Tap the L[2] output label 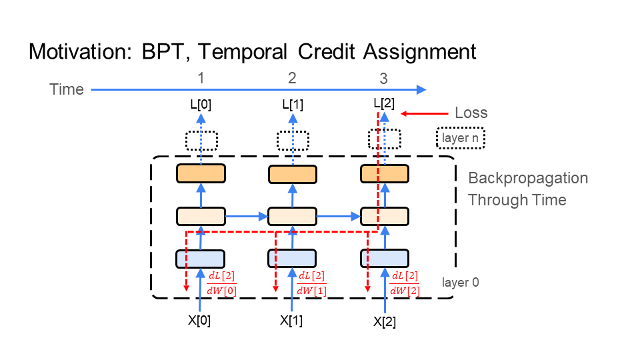point(383,103)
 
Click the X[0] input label point(200,319)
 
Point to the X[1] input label point(292,320)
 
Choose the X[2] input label point(384,321)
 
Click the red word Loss point(471,113)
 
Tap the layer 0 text point(460,282)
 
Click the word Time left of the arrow point(67,89)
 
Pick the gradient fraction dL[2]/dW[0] point(222,283)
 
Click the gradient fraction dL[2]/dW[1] point(312,283)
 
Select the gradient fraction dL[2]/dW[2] point(405,283)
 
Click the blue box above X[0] point(200,258)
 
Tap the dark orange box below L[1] point(292,174)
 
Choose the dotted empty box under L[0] point(201,141)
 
